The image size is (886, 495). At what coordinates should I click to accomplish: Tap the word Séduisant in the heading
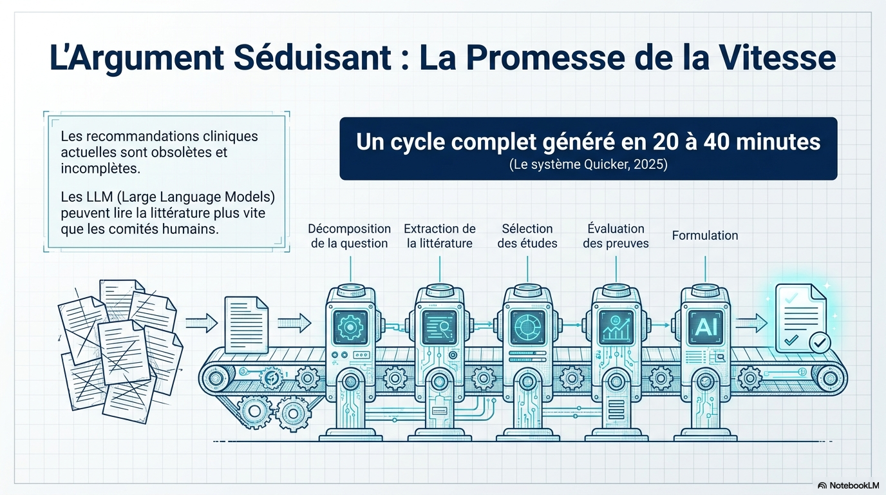point(312,58)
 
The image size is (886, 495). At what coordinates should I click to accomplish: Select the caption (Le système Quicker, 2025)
point(588,164)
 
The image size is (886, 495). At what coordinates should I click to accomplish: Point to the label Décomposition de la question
point(349,236)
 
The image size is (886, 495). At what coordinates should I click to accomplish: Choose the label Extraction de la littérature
point(439,236)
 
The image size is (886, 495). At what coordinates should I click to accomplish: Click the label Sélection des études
point(527,236)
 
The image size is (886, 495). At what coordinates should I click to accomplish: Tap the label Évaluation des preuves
point(616,236)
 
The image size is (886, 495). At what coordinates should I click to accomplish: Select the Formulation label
point(705,236)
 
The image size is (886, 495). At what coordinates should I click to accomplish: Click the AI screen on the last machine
point(706,327)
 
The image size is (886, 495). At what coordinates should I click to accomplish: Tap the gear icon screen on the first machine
point(350,327)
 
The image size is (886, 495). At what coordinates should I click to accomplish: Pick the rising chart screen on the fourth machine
point(616,327)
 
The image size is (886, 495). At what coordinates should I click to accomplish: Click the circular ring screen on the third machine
point(527,327)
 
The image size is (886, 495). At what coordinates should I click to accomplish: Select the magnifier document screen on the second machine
point(439,327)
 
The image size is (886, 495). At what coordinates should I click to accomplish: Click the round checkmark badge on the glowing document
point(820,342)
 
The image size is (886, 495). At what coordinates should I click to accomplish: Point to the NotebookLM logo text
point(854,485)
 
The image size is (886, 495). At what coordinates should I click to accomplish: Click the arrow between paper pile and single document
point(202,323)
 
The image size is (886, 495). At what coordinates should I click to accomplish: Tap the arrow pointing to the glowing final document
point(751,323)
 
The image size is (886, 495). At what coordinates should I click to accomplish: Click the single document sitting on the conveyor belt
point(247,325)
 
